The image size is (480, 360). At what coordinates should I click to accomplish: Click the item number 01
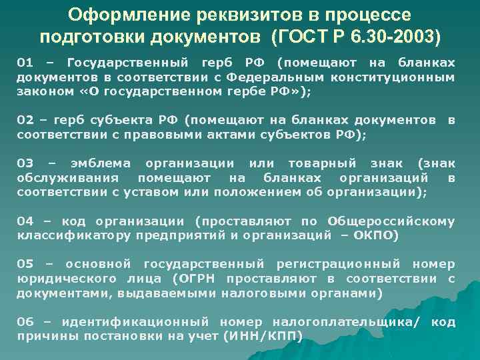25,63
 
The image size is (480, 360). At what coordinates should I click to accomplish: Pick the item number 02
25,121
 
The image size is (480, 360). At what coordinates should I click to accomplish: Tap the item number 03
25,163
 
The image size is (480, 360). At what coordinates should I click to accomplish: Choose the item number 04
25,221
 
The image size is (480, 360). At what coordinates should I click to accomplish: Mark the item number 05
25,264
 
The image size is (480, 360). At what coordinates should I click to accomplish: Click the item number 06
25,322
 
